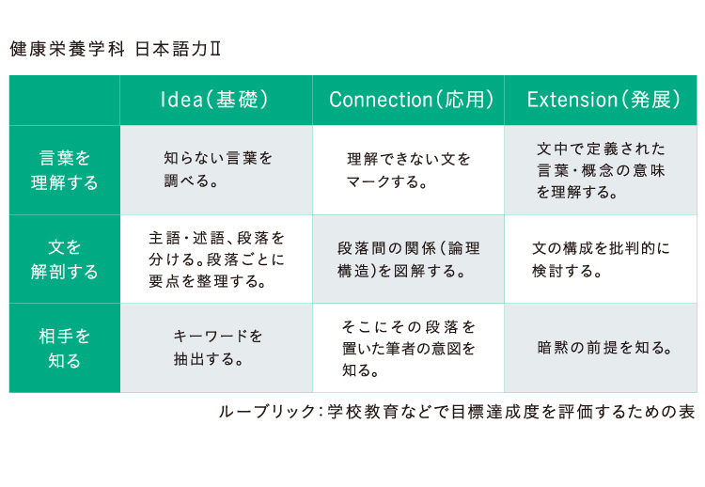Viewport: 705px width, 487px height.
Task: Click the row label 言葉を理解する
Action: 64,170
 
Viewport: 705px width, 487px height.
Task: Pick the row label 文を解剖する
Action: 64,259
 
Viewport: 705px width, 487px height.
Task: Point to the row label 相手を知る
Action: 64,348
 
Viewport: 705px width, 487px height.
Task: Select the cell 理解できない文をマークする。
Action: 408,170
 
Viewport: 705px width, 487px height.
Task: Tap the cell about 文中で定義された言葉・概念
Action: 601,170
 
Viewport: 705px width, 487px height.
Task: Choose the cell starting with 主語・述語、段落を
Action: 216,259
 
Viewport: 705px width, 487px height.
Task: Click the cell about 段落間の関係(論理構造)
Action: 408,259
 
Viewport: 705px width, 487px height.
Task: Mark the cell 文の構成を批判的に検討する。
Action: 601,259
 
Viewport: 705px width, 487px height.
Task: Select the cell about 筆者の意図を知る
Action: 408,349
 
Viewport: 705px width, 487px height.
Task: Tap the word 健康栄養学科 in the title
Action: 67,49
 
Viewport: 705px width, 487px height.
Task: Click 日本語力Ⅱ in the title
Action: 178,49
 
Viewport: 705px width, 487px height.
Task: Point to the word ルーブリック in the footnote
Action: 267,412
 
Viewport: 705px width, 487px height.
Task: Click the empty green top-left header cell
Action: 64,100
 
